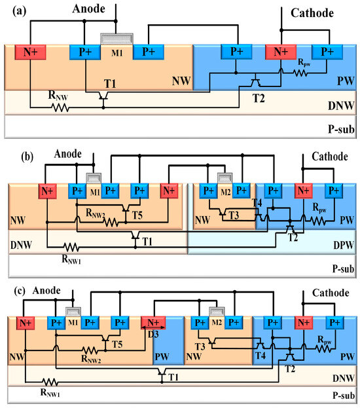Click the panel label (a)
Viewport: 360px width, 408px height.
click(x=12, y=10)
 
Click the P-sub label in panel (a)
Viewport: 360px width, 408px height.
click(x=340, y=129)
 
